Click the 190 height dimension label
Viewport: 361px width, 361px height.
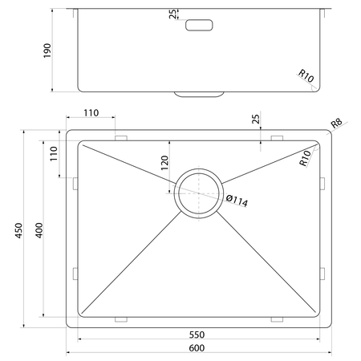tap(47, 51)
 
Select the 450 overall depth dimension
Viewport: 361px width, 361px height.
tap(18, 230)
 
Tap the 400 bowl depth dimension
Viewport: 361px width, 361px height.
tap(39, 230)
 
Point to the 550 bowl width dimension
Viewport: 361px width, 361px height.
tap(197, 335)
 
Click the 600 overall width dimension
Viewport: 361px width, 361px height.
tap(197, 348)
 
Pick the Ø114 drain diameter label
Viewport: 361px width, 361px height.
tap(237, 201)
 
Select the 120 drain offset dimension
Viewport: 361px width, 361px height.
tap(164, 163)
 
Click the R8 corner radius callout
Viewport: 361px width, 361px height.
tap(336, 123)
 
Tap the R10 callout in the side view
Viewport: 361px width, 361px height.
tap(306, 76)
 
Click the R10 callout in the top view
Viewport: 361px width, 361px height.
tap(305, 158)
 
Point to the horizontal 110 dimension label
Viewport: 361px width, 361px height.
tap(91, 113)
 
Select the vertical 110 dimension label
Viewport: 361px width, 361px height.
tap(54, 153)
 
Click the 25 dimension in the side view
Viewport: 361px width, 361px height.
tap(172, 14)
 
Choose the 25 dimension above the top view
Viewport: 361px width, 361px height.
tap(256, 119)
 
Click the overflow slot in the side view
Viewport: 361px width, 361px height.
tap(199, 25)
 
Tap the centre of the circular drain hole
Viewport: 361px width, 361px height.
tap(198, 193)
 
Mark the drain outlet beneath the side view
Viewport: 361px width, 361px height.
tap(199, 94)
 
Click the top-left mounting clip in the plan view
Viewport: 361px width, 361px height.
tap(121, 138)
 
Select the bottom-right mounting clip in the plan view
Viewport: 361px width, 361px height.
tap(277, 319)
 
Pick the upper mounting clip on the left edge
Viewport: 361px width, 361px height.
tap(75, 184)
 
